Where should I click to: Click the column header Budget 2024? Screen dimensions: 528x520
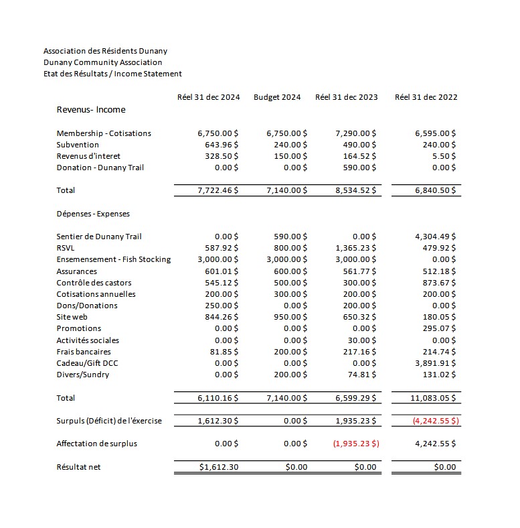[x=277, y=97]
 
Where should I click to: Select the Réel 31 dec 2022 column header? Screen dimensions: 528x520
[x=426, y=97]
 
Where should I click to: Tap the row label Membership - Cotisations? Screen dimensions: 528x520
[x=104, y=133]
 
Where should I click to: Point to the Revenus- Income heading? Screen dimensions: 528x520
[x=91, y=110]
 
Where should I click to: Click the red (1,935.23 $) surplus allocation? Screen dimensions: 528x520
[x=355, y=444]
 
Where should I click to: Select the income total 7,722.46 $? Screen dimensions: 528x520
[x=219, y=190]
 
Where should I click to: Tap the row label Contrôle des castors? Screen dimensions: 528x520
[x=94, y=283]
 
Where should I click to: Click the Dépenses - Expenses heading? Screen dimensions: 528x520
[x=93, y=214]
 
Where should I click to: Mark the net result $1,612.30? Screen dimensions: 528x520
[x=220, y=467]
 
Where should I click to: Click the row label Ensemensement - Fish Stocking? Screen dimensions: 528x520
[x=114, y=259]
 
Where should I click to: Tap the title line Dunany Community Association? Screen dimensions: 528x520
[x=102, y=62]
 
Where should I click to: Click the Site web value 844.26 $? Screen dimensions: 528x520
[x=222, y=317]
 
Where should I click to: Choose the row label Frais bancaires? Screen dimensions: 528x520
[x=84, y=352]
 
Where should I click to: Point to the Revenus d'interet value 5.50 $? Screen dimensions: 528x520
[x=444, y=156]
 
